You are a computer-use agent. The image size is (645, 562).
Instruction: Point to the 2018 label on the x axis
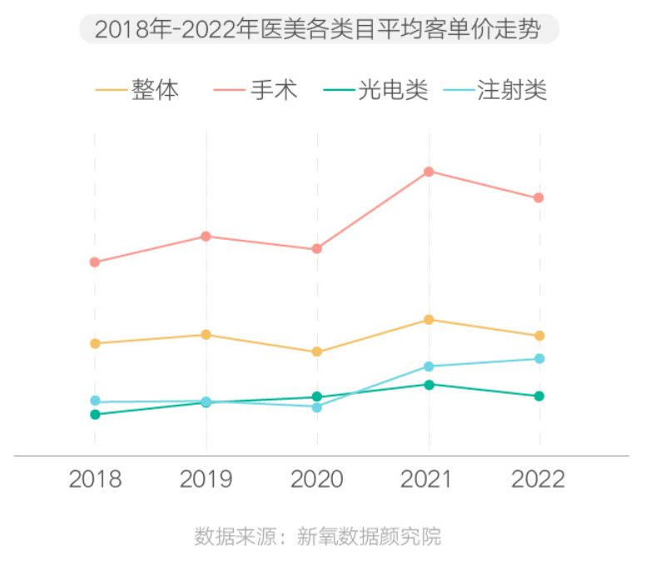95,480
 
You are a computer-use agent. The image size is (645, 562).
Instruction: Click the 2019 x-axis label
206,480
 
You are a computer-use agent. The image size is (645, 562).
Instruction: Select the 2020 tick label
317,480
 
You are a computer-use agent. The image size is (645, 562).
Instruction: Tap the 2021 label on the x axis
429,480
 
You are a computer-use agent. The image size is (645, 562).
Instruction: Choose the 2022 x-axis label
538,480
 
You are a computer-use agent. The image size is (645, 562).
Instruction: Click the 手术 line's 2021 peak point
429,172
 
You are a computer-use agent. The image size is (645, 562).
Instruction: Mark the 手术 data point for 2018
95,262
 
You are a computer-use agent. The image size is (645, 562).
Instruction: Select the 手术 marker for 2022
538,197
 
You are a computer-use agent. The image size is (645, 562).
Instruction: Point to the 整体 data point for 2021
429,320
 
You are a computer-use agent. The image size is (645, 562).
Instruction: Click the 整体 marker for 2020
317,352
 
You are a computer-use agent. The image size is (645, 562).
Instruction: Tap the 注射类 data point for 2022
539,359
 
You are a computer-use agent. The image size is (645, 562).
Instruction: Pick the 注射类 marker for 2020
317,407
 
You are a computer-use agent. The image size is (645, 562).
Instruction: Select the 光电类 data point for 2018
95,415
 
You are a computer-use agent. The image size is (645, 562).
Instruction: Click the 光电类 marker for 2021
429,385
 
